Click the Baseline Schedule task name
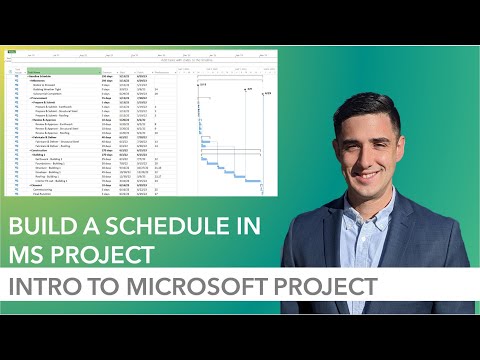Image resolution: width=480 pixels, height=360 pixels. point(40,76)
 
